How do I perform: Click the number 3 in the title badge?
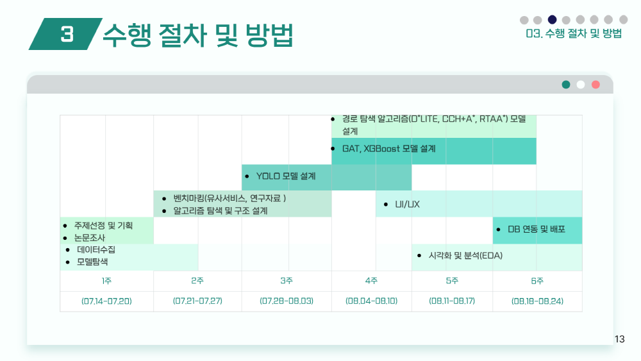67,34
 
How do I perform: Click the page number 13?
619,339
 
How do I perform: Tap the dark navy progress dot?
553,19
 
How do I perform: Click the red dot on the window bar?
595,85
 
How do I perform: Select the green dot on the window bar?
566,85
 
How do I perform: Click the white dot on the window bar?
581,85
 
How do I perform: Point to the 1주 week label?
106,281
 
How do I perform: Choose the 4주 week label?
371,281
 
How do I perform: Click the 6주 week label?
537,281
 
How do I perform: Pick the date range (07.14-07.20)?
106,301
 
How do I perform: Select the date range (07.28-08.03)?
287,301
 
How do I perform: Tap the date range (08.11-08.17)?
452,301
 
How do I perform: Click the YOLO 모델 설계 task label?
286,176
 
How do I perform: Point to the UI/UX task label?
407,204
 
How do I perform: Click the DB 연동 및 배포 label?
537,229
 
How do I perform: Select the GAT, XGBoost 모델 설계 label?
389,148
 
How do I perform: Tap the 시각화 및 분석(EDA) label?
465,255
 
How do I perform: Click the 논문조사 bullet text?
90,237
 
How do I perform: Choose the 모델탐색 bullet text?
92,262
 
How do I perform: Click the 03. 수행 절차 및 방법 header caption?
574,33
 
